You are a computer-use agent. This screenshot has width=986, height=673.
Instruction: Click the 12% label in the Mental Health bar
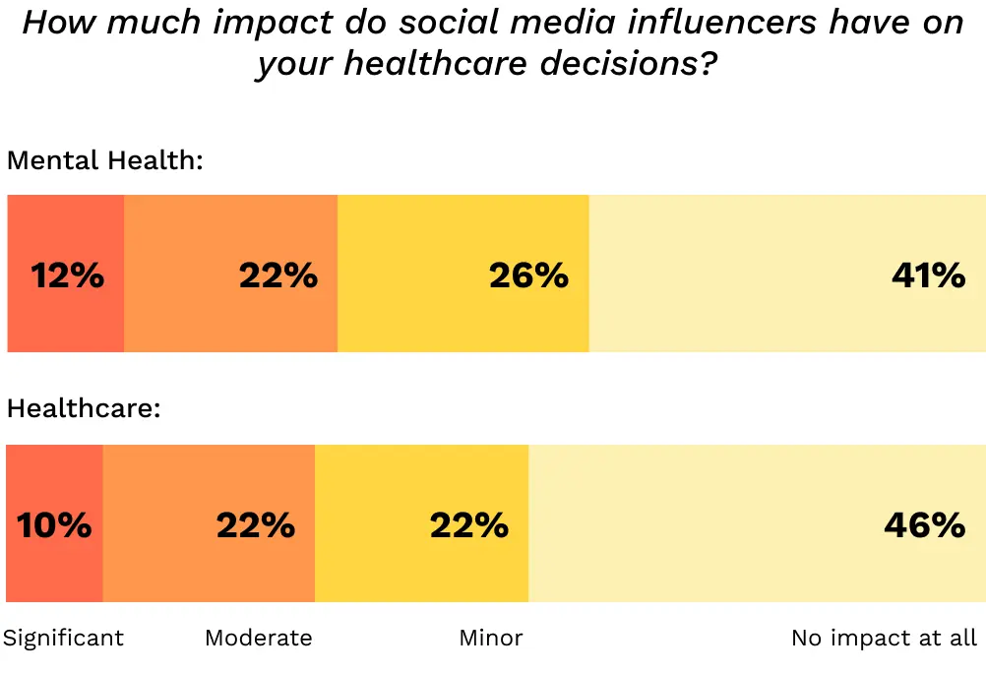67,275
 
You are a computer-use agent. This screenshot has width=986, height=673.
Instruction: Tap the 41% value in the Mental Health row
928,275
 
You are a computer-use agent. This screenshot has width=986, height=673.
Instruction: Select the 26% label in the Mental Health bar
528,275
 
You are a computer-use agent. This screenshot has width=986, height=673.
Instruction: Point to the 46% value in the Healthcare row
924,525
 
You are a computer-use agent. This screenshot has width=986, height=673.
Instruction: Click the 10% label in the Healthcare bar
54,525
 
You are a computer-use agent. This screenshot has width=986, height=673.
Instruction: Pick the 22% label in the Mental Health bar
278,275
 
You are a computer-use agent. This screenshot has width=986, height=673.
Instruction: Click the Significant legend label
64,638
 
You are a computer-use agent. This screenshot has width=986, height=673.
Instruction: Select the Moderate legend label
258,638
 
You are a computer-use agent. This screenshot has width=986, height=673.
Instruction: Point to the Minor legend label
491,638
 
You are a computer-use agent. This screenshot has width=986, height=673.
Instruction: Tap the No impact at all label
884,638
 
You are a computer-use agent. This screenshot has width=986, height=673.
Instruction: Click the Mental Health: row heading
104,159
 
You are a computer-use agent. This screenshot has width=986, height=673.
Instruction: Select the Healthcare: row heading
84,408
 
